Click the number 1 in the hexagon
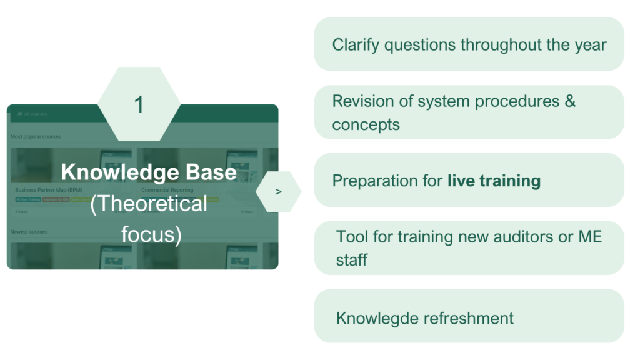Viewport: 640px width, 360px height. tap(139, 104)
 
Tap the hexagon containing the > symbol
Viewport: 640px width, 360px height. tap(278, 191)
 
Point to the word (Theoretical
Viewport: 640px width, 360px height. tap(149, 204)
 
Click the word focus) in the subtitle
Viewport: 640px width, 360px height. tap(151, 235)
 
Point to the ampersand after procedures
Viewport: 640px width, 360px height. tap(569, 101)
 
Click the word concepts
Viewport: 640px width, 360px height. tap(366, 124)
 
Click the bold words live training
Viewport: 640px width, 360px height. tap(494, 181)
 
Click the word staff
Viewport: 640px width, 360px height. tap(351, 259)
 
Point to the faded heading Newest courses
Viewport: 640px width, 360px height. tap(29, 232)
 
